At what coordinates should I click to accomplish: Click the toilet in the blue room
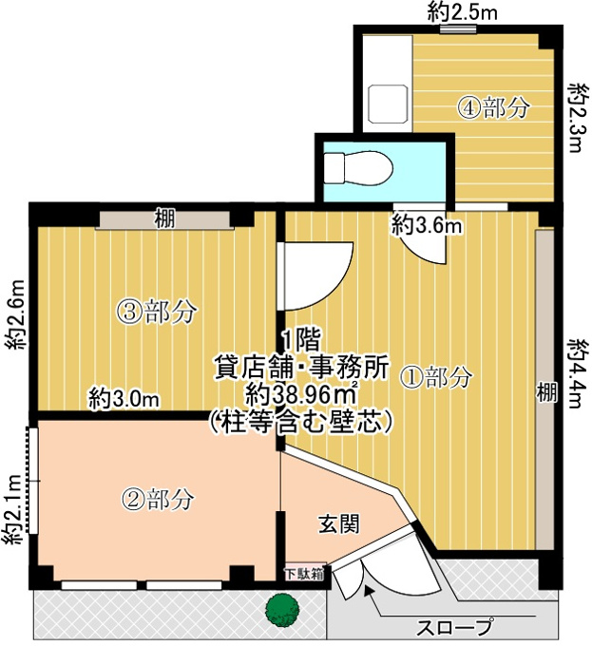[357, 168]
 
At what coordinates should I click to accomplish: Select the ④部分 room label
[493, 108]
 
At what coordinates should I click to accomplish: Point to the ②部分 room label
[158, 500]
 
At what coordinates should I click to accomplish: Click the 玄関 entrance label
[339, 524]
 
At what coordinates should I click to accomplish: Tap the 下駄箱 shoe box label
[305, 574]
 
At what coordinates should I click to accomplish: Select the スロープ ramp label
[454, 627]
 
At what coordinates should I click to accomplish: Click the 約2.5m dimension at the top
[462, 12]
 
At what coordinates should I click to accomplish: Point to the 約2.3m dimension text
[576, 118]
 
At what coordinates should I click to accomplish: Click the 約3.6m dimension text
[427, 225]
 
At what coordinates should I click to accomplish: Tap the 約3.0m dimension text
[124, 398]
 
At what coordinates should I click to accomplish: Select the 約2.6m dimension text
[16, 314]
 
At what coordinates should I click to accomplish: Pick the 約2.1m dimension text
[12, 510]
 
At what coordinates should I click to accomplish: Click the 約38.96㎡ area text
[300, 396]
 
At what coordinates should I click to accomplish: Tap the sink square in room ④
[388, 104]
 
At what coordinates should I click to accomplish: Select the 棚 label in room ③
[165, 218]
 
